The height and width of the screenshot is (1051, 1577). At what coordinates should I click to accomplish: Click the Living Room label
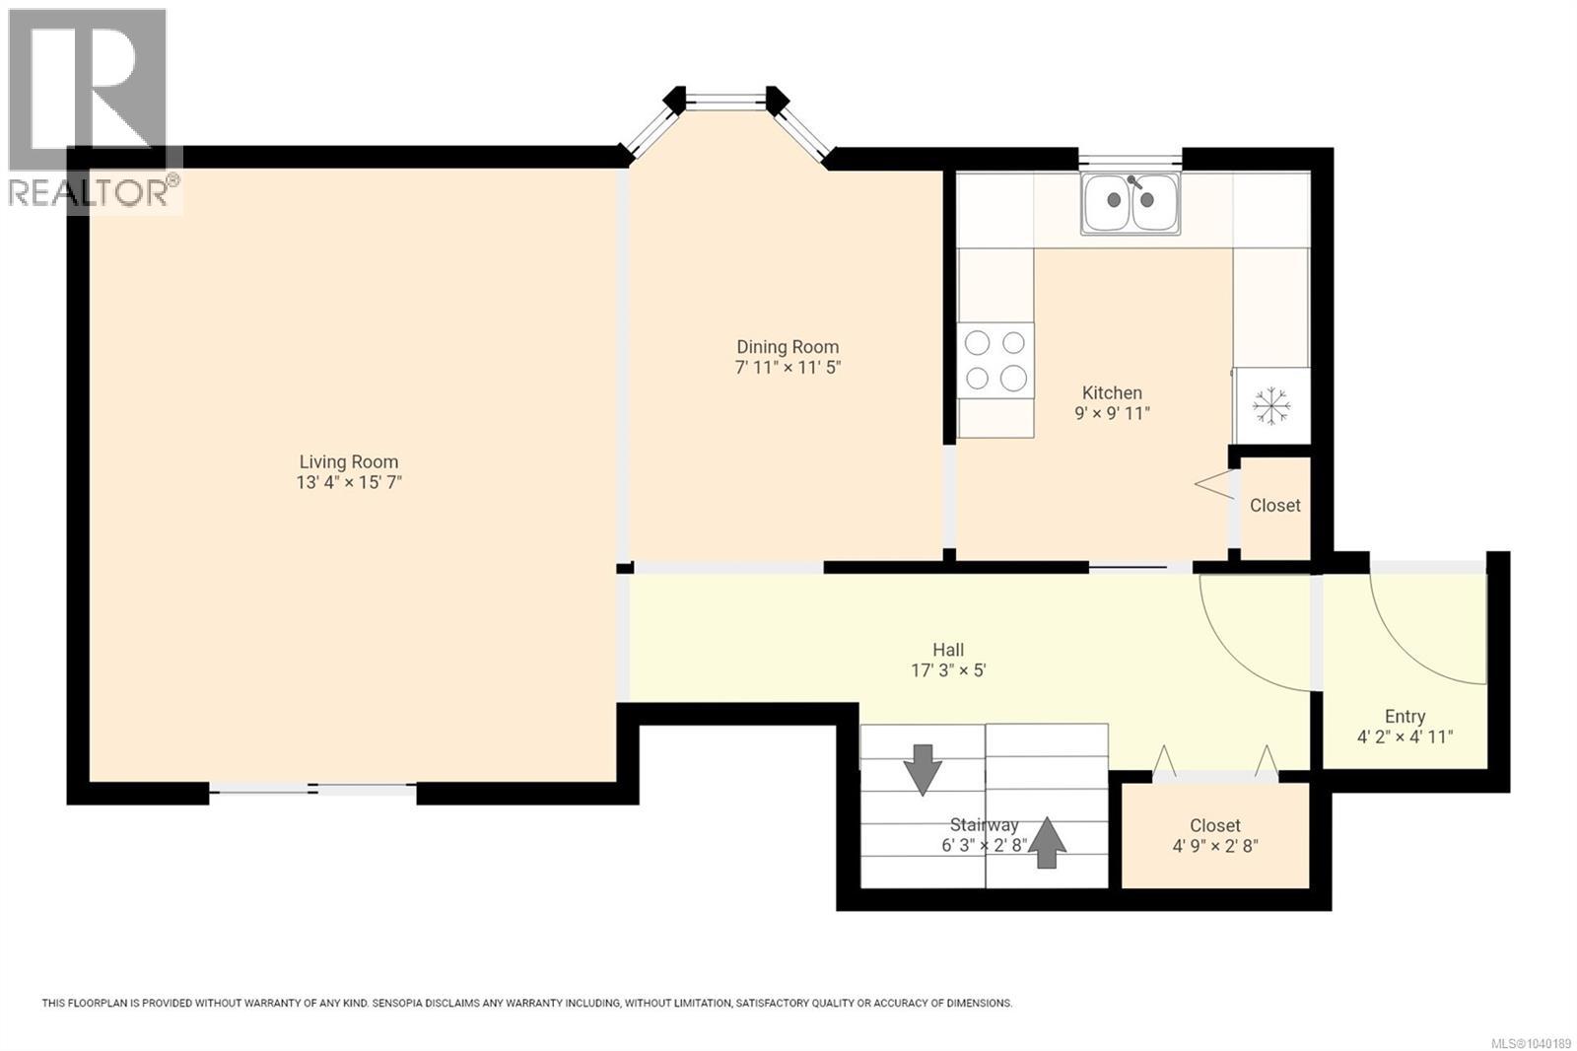tap(349, 462)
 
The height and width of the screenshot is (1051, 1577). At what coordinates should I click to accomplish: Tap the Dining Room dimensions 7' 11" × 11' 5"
tap(788, 367)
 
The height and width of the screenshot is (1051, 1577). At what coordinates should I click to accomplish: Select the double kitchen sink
tap(1131, 203)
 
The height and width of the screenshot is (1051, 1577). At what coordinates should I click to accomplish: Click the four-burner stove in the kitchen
tap(994, 361)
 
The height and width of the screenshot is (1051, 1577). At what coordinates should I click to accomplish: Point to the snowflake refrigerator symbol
tap(1271, 406)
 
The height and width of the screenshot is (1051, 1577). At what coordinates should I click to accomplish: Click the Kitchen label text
tap(1112, 392)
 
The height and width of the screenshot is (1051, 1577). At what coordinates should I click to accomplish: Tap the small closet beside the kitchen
tap(1275, 507)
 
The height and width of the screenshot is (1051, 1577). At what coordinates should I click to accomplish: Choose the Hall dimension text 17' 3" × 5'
tap(948, 669)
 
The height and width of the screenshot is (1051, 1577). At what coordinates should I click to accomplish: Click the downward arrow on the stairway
tap(923, 770)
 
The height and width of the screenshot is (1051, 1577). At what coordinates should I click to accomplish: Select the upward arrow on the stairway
tap(1047, 843)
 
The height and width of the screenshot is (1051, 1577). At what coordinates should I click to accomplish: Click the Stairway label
tap(985, 824)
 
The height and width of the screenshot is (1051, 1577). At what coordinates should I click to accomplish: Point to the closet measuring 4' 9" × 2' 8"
tap(1215, 835)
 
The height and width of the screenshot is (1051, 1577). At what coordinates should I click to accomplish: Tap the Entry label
tap(1406, 717)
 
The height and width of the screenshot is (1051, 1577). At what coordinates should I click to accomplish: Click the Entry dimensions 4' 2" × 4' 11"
tap(1406, 736)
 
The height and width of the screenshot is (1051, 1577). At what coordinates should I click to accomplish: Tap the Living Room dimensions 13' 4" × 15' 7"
tap(349, 482)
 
